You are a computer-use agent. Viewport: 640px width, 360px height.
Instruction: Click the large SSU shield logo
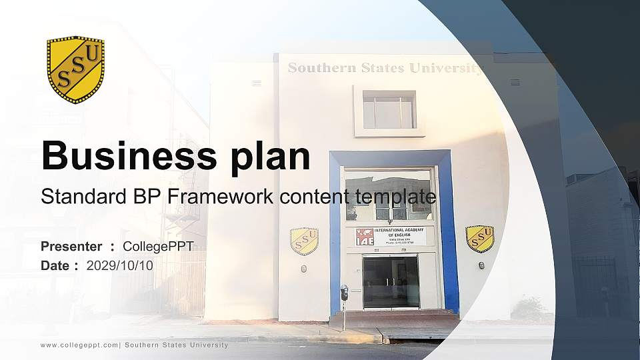coord(75,69)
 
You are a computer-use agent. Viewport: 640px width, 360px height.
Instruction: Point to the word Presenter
coord(71,247)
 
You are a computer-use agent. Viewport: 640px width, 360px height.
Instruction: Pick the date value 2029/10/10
coord(120,265)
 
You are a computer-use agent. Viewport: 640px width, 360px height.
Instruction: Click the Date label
coord(55,265)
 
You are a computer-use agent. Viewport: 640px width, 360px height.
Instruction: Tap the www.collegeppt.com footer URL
coord(79,345)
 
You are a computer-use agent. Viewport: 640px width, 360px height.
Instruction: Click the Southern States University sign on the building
coord(385,68)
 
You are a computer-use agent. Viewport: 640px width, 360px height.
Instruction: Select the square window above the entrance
coord(389,110)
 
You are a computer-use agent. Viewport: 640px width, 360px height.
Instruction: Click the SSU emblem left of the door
coord(304,241)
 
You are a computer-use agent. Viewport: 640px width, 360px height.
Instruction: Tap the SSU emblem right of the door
coord(479,238)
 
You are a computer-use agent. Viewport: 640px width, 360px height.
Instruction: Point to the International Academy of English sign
coord(394,237)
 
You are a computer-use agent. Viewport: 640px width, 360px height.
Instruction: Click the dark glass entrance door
coord(391,282)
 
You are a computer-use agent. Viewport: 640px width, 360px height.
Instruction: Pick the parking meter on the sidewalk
coord(344,293)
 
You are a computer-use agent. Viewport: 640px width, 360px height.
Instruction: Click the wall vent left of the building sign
coord(257,83)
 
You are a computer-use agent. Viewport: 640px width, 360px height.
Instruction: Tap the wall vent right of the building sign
coord(515,83)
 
